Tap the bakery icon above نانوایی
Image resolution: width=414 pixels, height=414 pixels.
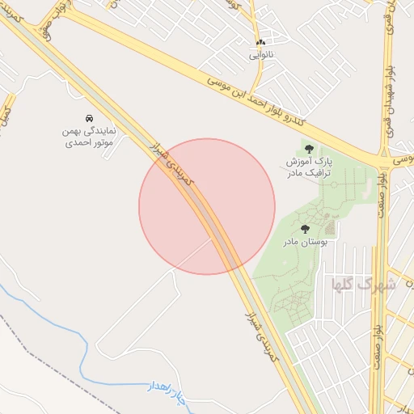[x=260, y=41]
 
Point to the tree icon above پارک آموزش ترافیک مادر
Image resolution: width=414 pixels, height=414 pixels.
[x=309, y=148]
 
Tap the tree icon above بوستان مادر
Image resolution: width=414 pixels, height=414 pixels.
[x=304, y=230]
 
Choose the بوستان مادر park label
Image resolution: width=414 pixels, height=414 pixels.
[x=304, y=242]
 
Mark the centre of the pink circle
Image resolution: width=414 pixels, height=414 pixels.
[x=207, y=206]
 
